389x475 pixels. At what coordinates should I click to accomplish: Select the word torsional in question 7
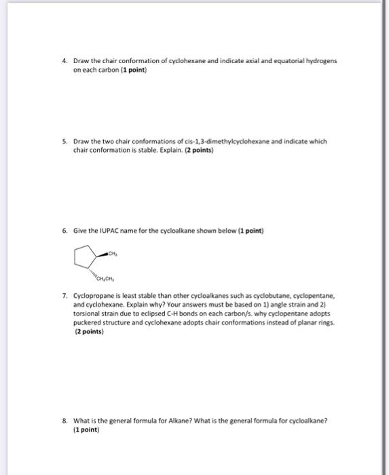pos(87,314)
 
